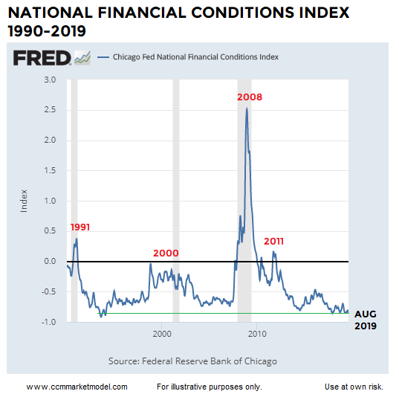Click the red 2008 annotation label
pyautogui.click(x=250, y=97)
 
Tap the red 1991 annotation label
pyautogui.click(x=80, y=226)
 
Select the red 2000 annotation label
pyautogui.click(x=166, y=253)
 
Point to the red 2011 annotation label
pyautogui.click(x=274, y=242)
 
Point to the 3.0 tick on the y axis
pyautogui.click(x=51, y=80)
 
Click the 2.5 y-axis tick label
pyautogui.click(x=51, y=110)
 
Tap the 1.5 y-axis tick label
pyautogui.click(x=51, y=170)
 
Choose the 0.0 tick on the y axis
pyautogui.click(x=51, y=262)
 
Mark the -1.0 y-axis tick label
pyautogui.click(x=50, y=322)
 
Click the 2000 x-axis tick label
pyautogui.click(x=162, y=335)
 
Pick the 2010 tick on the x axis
pyautogui.click(x=257, y=335)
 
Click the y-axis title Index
pyautogui.click(x=24, y=201)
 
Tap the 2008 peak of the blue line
pyautogui.click(x=247, y=109)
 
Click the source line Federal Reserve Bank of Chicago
pyautogui.click(x=192, y=361)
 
